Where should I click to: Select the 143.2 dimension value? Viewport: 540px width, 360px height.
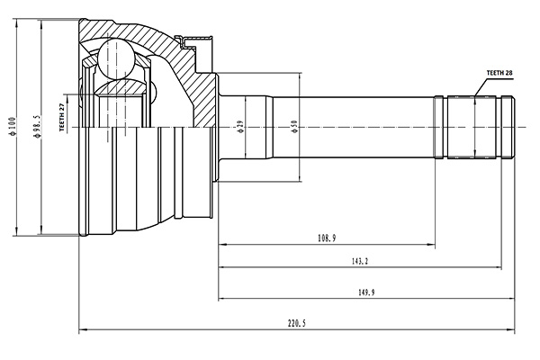pos(359,261)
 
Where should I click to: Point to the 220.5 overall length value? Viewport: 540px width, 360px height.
pos(297,322)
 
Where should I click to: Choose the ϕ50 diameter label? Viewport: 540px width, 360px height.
pos(294,127)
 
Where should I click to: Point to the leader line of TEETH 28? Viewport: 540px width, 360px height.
pos(478,86)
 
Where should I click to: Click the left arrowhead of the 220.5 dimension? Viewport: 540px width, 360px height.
pos(84,328)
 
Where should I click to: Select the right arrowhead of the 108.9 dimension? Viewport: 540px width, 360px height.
pos(432,243)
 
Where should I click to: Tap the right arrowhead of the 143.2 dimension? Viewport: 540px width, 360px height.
pos(498,267)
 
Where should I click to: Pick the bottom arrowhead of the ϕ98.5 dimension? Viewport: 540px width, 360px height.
pos(42,232)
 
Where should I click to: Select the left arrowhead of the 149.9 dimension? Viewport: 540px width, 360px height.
pos(221,299)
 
